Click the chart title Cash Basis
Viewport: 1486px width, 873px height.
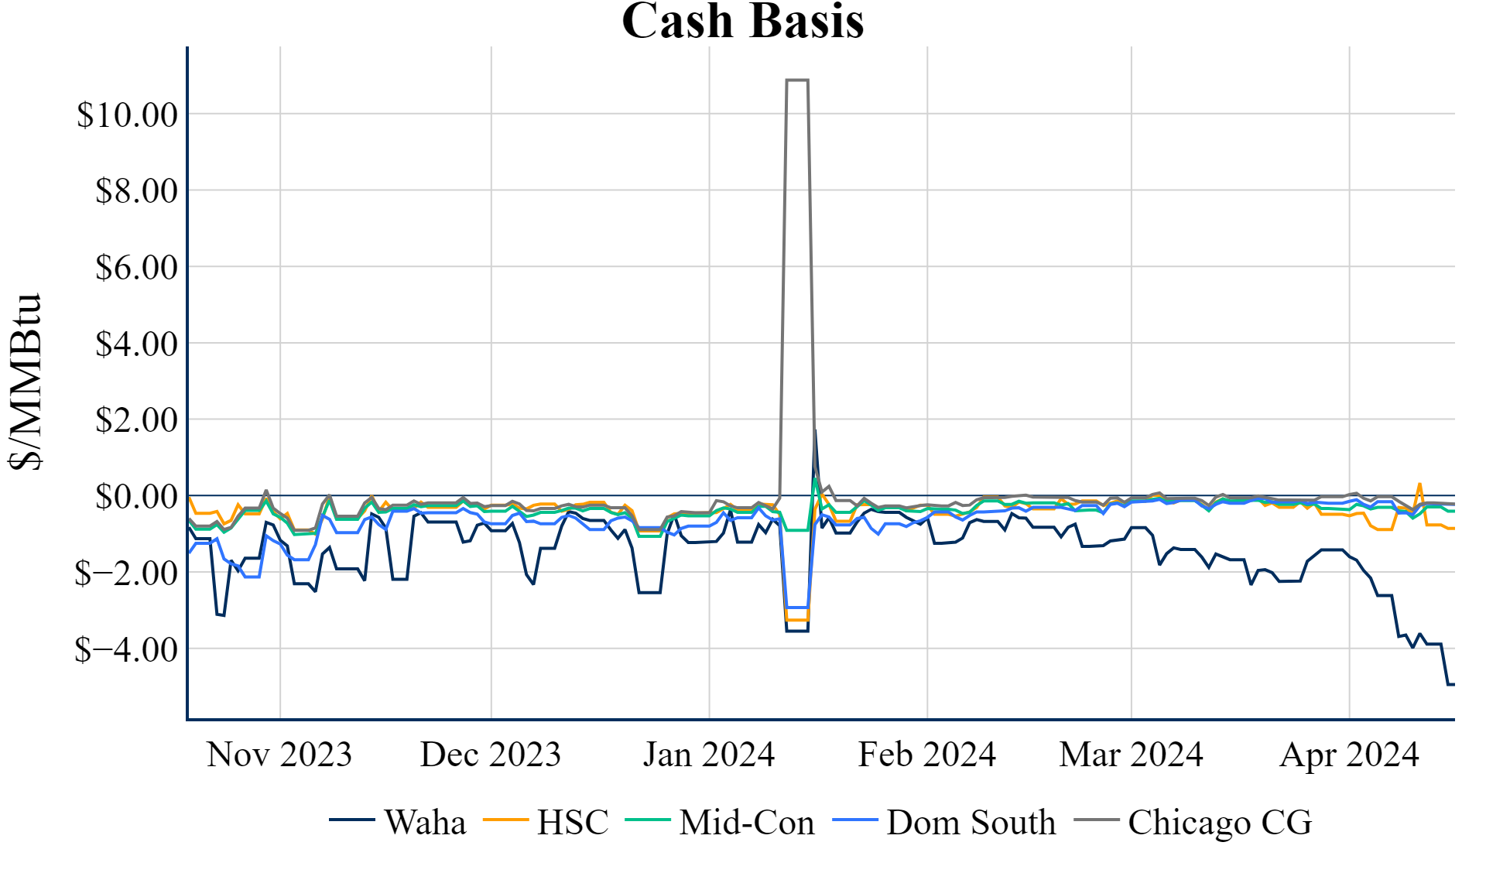coord(742,21)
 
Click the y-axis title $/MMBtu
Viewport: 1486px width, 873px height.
coord(26,382)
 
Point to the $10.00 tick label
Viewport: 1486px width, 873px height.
coord(127,115)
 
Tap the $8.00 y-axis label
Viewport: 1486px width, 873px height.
coord(136,191)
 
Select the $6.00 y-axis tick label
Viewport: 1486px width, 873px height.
coord(136,268)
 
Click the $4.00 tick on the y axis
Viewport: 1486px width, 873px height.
coord(136,344)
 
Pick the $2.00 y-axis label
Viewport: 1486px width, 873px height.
coord(136,420)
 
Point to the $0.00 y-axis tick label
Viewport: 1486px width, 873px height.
coord(136,497)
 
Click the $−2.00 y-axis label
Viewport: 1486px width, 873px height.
coord(126,573)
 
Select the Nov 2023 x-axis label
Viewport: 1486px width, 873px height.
coord(279,755)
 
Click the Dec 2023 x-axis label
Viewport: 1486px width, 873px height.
coord(491,755)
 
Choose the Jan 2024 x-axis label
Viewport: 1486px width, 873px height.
coord(709,755)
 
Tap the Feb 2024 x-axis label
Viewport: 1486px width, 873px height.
coord(927,755)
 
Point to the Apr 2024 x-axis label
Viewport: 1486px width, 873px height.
coord(1350,755)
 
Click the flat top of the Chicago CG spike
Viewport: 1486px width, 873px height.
coord(797,80)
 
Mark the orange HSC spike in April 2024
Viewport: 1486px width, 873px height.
coord(1419,484)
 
